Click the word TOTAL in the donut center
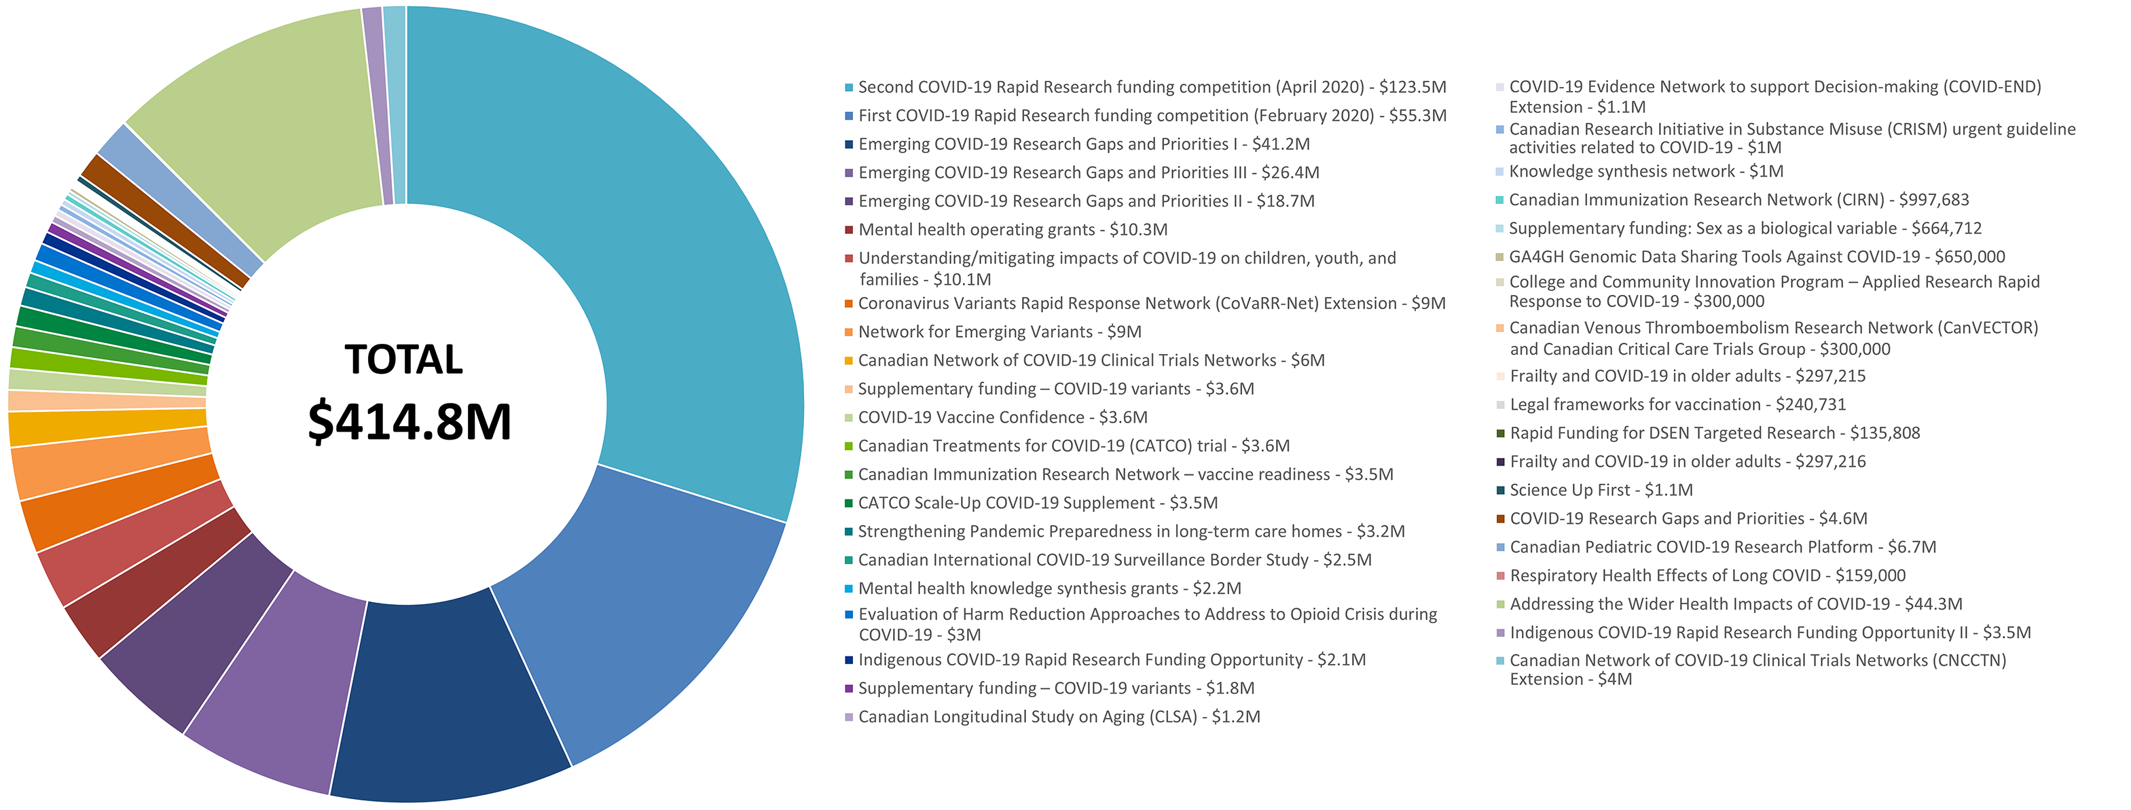403,360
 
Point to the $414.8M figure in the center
409,422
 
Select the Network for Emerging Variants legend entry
1000,332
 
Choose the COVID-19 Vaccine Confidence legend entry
1002,418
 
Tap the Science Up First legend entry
1601,491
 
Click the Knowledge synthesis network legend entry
1645,171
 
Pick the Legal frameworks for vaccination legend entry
1677,404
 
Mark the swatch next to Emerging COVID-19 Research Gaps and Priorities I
849,145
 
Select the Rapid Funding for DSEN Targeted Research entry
1714,434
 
